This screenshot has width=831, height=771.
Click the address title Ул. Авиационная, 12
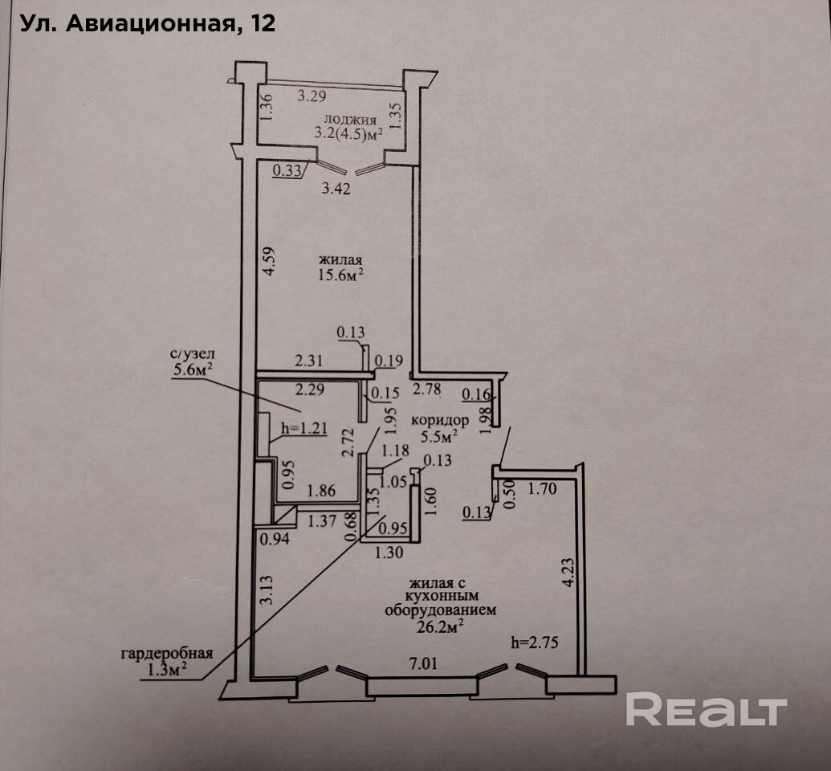147,23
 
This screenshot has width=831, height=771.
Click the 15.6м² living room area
341,275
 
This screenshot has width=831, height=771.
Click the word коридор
439,420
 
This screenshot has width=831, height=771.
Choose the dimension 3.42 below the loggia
336,190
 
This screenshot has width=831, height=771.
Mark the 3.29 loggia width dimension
313,97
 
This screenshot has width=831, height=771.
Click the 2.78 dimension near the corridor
427,390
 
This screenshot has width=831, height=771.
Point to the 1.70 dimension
543,487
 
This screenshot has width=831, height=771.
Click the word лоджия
345,120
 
